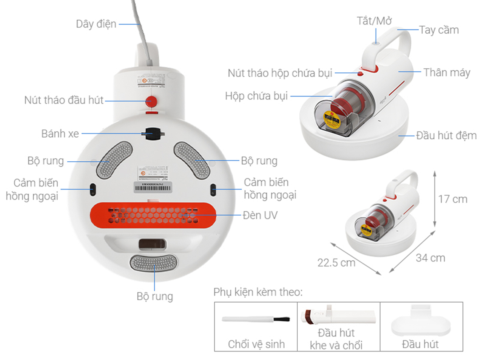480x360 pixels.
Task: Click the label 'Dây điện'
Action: coord(96,24)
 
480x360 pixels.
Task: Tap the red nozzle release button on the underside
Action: coord(150,101)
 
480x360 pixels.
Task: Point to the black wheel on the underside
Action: coord(152,133)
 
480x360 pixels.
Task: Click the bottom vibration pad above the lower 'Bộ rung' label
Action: coord(153,262)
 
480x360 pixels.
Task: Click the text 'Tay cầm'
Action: coord(439,30)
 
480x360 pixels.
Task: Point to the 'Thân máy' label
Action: coord(446,72)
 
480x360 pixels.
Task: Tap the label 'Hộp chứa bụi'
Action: coord(256,96)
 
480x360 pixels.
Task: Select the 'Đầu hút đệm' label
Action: coord(446,135)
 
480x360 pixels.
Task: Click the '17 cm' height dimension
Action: coord(453,199)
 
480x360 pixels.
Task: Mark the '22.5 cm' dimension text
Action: coord(336,262)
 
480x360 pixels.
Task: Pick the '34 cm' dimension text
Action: coord(430,257)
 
